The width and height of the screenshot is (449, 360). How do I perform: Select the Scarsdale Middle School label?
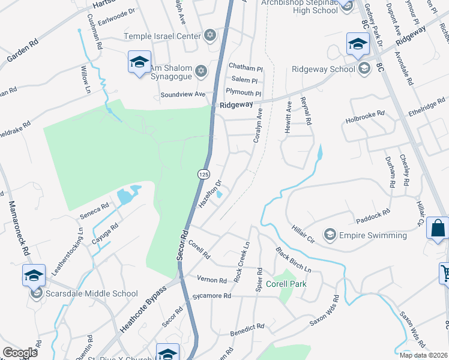coord(91,294)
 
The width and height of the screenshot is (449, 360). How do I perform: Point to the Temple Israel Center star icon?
coord(209,36)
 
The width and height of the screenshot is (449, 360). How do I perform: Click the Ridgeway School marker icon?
coord(364,68)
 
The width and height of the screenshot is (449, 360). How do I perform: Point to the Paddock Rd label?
coord(373,212)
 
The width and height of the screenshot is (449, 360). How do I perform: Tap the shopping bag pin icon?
coord(438,229)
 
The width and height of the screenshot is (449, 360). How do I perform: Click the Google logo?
coord(20,353)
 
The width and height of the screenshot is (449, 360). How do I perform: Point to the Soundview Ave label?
coord(183,95)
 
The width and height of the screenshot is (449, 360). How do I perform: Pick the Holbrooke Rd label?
coord(368,120)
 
